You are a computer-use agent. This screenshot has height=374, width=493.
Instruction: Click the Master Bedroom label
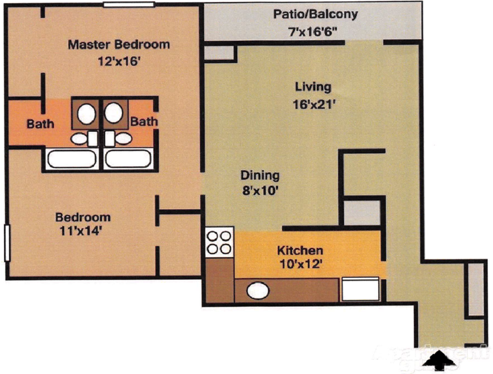pyautogui.click(x=118, y=45)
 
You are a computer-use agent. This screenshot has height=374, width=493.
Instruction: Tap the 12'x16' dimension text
pyautogui.click(x=119, y=61)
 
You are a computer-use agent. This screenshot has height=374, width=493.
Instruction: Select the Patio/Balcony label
pyautogui.click(x=315, y=14)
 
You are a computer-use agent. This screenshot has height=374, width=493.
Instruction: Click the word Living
pyautogui.click(x=314, y=86)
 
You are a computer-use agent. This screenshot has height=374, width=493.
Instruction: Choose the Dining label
pyautogui.click(x=260, y=175)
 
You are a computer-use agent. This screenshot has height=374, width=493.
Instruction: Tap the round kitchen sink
pyautogui.click(x=258, y=291)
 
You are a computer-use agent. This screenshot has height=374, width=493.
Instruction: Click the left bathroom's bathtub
pyautogui.click(x=71, y=159)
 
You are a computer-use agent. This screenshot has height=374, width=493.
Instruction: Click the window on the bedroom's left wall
pyautogui.click(x=7, y=243)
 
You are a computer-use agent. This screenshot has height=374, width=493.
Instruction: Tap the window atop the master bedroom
pyautogui.click(x=129, y=5)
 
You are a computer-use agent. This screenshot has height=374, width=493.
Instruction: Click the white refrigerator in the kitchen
pyautogui.click(x=360, y=289)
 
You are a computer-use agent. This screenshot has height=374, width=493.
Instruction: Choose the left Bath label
pyautogui.click(x=40, y=123)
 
